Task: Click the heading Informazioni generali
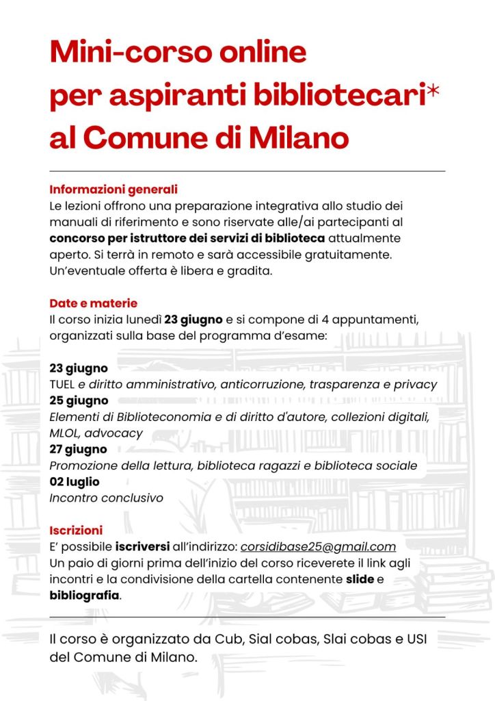(113, 190)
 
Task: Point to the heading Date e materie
(94, 303)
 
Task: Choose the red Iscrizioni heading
(76, 531)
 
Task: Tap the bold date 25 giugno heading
(79, 400)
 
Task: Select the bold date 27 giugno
(79, 450)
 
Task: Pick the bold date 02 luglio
(75, 482)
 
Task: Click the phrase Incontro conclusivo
(106, 498)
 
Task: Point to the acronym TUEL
(62, 385)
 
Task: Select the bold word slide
(360, 579)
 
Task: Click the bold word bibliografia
(84, 596)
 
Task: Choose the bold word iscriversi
(143, 546)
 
